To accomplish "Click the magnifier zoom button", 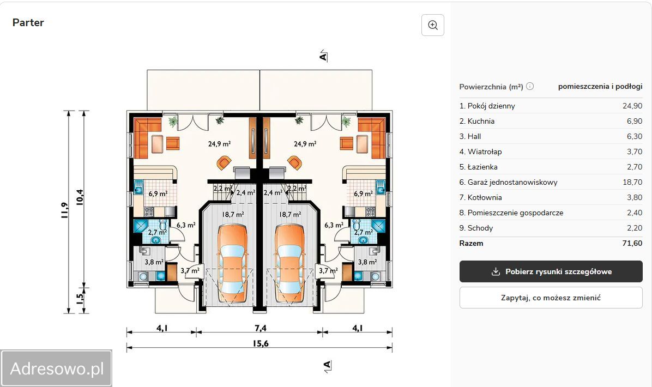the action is (433, 25).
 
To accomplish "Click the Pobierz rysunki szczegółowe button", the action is (551, 271).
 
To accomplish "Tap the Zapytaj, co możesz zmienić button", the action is (551, 298).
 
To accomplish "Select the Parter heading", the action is (28, 22).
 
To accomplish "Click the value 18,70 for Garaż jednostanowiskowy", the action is (632, 182).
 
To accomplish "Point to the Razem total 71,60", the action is (632, 243).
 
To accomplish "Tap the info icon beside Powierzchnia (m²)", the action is (530, 86).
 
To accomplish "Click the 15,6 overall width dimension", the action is (261, 343).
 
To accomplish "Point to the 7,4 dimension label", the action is (260, 328).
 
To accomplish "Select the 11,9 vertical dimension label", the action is (64, 210).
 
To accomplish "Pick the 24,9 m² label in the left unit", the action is (220, 144).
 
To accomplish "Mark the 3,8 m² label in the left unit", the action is (154, 262).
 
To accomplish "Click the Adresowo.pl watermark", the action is (57, 368).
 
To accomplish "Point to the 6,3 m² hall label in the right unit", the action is (334, 225).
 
